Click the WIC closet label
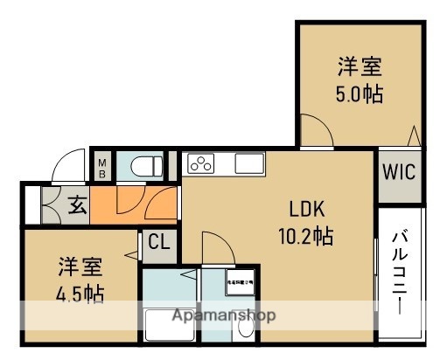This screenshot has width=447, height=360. tap(398, 171)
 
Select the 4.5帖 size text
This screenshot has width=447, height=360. tap(81, 292)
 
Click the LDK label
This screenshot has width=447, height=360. tap(307, 209)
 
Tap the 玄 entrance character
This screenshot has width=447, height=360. tap(77, 206)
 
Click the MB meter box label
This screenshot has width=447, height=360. tap(101, 165)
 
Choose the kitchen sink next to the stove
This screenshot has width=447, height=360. tap(248, 163)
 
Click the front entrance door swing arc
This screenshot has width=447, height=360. tap(65, 167)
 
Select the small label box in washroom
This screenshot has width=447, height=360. tap(239, 283)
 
